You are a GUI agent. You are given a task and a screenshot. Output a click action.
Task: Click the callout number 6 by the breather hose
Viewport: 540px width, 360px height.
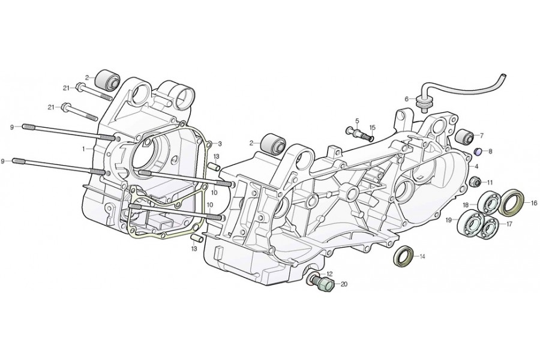pyautogui.click(x=406, y=99)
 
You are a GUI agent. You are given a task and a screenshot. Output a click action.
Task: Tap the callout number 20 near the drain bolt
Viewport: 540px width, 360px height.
pyautogui.click(x=344, y=284)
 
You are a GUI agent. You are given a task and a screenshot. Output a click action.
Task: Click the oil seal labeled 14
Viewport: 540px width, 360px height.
pyautogui.click(x=403, y=256)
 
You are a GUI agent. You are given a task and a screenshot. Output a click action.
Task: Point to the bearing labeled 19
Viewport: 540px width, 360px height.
pyautogui.click(x=470, y=224)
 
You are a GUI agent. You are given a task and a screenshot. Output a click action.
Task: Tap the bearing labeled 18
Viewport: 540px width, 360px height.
pyautogui.click(x=489, y=204)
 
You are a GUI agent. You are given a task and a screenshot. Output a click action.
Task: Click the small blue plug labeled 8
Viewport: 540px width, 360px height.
pyautogui.click(x=478, y=151)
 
